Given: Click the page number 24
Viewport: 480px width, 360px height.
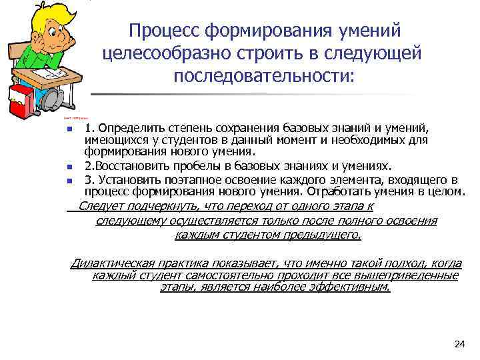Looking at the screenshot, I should pos(458,343).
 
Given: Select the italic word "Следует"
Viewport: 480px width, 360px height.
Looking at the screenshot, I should pos(101,206).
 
